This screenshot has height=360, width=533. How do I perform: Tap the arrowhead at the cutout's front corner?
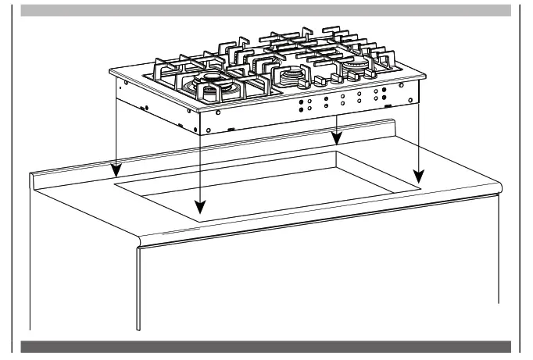[x=200, y=208]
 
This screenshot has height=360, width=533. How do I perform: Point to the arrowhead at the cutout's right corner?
[x=419, y=176]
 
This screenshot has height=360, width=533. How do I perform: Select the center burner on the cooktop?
[x=291, y=76]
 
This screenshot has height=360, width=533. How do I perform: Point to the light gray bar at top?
[x=266, y=10]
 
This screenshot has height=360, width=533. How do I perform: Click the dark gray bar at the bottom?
[x=266, y=346]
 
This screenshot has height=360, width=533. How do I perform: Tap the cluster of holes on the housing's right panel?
[x=344, y=101]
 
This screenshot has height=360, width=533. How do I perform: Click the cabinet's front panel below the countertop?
[x=313, y=281]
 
